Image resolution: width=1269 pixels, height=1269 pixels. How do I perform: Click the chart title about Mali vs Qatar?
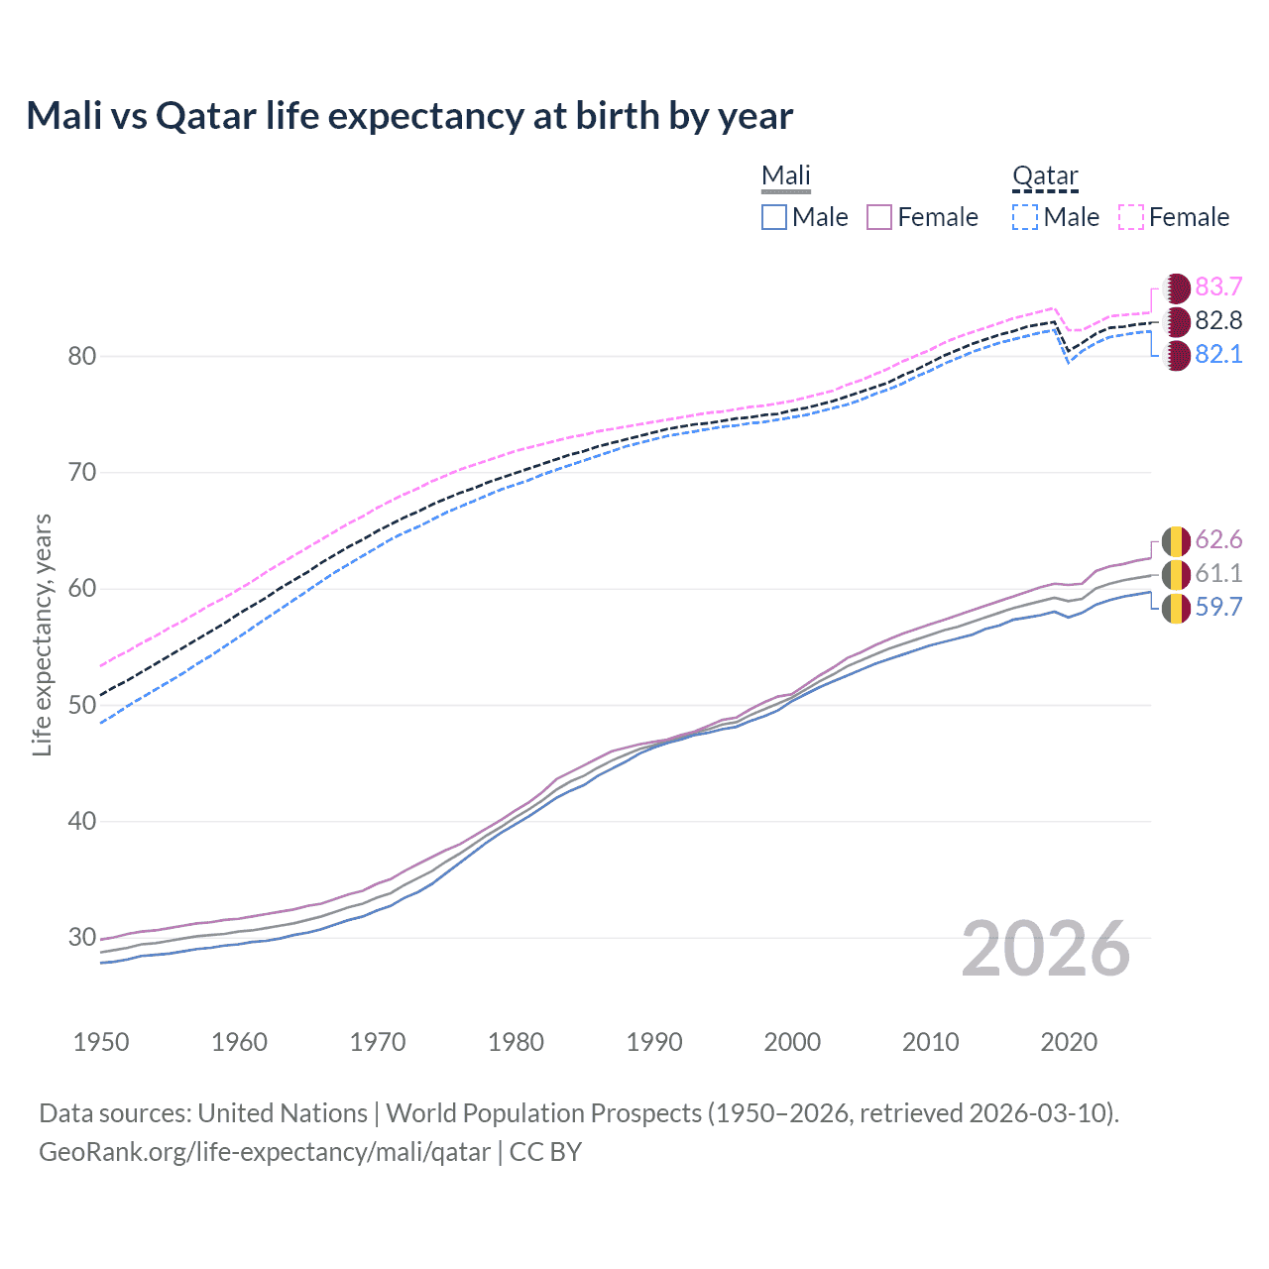409,116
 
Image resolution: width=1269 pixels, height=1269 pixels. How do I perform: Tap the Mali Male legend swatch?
774,217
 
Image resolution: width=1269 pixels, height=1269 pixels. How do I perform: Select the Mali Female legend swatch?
880,217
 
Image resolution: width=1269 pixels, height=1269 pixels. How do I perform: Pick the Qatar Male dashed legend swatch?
1025,217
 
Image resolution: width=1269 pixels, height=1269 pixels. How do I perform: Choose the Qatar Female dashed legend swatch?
1131,217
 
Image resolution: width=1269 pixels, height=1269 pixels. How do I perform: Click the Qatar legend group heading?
1045,175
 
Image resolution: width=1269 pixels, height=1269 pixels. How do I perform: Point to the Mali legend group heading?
786,175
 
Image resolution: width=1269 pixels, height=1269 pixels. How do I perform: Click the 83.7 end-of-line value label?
1218,288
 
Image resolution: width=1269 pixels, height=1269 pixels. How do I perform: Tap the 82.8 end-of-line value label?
1218,321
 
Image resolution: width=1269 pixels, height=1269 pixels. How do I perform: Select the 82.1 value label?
1218,355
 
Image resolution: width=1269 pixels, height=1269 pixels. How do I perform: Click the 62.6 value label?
1218,540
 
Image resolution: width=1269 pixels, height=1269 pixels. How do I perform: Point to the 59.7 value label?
1218,608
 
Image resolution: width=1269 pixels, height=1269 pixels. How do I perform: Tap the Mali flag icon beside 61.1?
1176,574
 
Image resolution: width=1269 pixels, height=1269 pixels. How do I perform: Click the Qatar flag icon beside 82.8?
1176,321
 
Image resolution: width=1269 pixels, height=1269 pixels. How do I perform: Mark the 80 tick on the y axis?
82,357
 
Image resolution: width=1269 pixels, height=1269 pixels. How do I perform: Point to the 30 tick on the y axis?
82,938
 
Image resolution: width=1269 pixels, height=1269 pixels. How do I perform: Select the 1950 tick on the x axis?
101,1042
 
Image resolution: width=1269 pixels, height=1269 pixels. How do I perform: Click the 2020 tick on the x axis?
1069,1042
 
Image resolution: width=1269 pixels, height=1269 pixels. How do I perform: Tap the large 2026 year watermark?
1045,950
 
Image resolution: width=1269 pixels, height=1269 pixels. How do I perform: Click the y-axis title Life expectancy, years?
43,634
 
